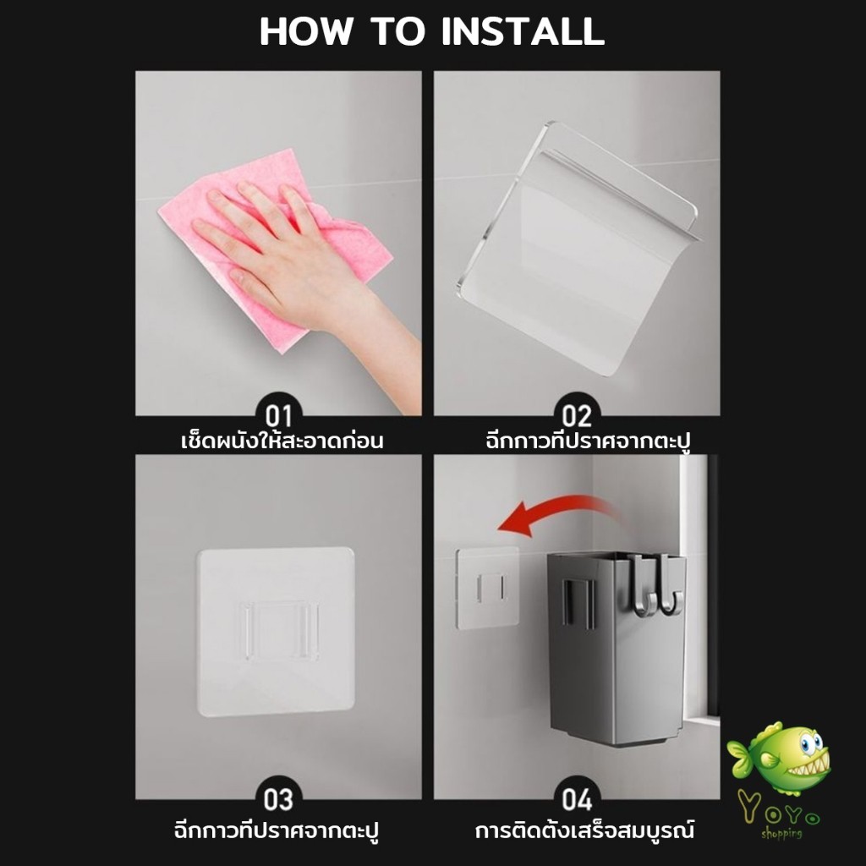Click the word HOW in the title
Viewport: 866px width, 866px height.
[x=305, y=31]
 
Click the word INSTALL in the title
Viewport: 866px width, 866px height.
[x=523, y=31]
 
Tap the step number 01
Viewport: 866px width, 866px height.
[x=278, y=416]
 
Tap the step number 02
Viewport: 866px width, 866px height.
[x=577, y=416]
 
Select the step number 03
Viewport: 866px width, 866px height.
[x=278, y=800]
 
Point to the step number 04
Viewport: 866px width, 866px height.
[x=577, y=800]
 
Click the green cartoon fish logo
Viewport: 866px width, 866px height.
[x=780, y=758]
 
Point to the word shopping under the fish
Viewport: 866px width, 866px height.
[x=781, y=833]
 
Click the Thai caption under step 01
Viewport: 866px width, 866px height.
[x=282, y=441]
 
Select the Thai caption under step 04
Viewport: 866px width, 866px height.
[x=584, y=830]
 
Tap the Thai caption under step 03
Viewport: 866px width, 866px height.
[x=277, y=830]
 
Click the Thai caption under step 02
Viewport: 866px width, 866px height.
[x=589, y=441]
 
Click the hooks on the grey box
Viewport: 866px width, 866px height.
[x=658, y=585]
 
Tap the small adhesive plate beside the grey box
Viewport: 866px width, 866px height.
[x=487, y=589]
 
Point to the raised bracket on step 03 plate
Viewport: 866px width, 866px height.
[x=279, y=629]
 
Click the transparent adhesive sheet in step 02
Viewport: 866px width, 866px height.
[x=577, y=249]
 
